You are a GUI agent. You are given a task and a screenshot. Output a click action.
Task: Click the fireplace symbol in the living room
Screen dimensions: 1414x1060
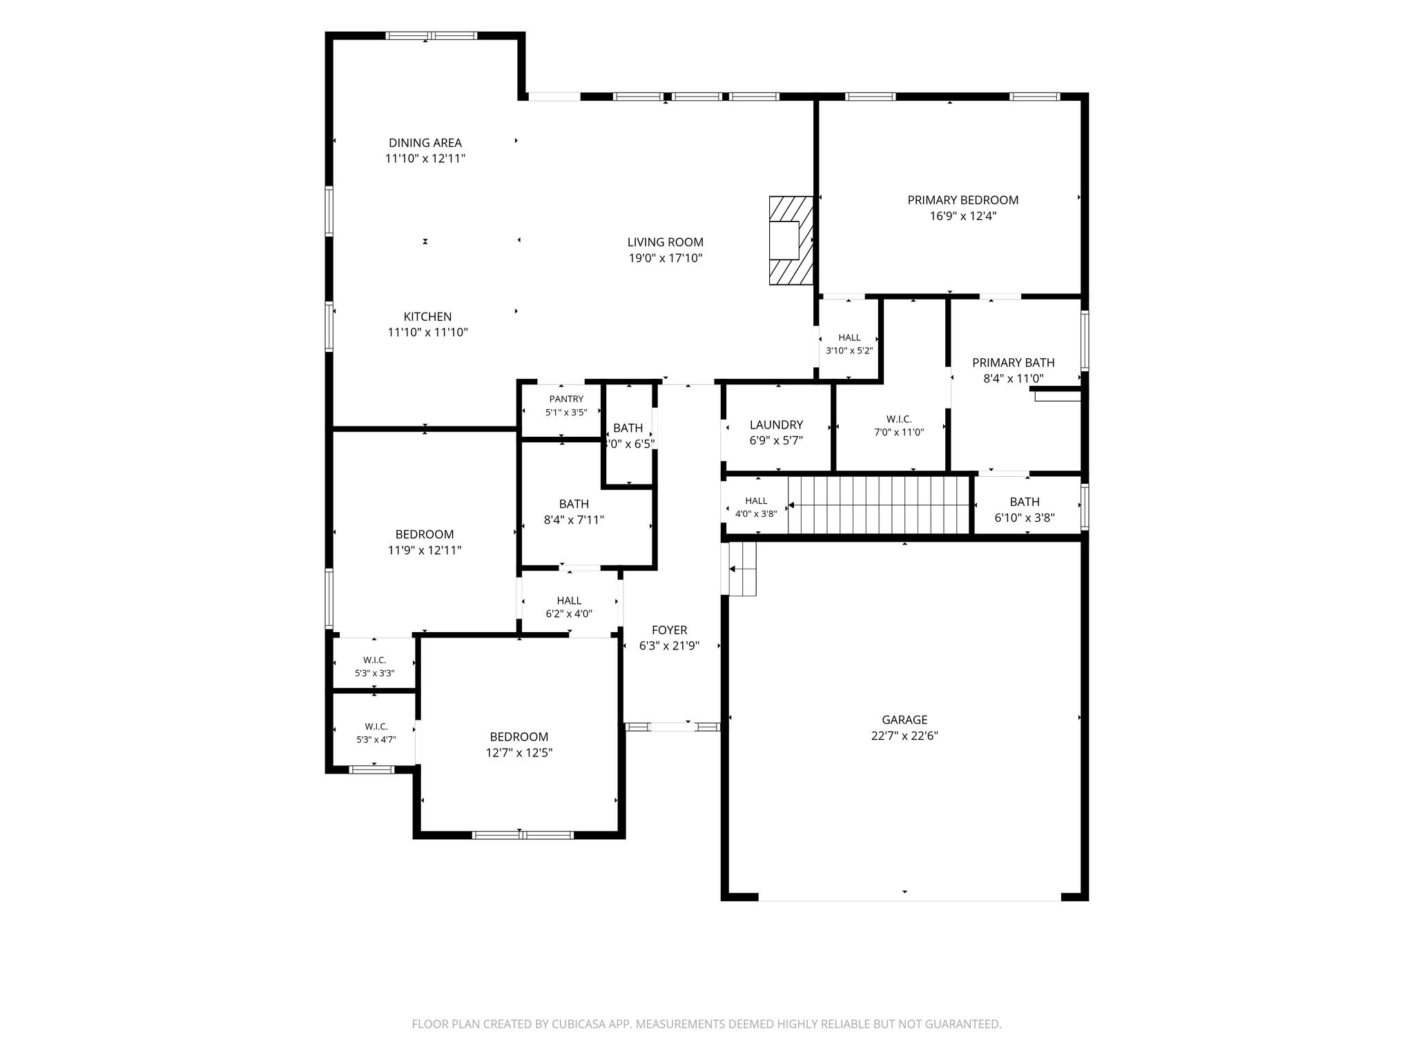pyautogui.click(x=791, y=240)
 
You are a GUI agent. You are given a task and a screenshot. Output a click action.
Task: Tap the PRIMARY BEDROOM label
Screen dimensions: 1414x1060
pyautogui.click(x=962, y=200)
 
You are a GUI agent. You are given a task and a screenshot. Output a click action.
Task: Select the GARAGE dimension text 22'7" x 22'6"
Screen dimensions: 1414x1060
pyautogui.click(x=904, y=736)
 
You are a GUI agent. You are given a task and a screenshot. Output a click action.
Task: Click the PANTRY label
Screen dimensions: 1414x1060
pyautogui.click(x=566, y=399)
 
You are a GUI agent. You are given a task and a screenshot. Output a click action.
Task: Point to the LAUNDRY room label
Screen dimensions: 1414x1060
pyautogui.click(x=776, y=425)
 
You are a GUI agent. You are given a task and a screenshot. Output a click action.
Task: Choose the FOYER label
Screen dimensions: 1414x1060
pyautogui.click(x=669, y=630)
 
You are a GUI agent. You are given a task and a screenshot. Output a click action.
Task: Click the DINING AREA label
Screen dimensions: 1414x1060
pyautogui.click(x=425, y=143)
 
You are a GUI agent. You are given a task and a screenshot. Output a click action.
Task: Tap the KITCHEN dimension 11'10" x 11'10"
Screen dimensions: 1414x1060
pyautogui.click(x=428, y=333)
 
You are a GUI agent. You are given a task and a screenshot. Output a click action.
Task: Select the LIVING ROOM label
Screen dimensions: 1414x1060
pyautogui.click(x=666, y=242)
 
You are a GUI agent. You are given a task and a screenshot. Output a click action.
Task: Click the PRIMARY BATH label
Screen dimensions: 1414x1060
pyautogui.click(x=1014, y=363)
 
